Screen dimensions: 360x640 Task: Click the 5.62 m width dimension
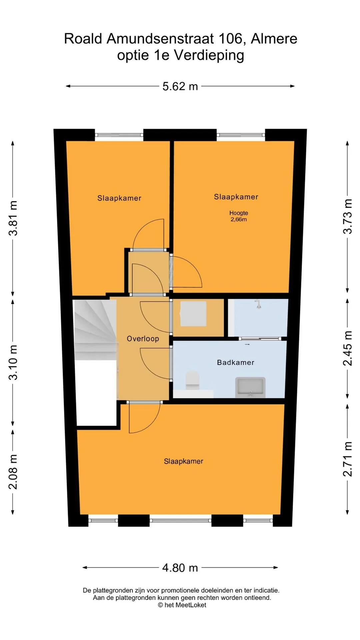click(180, 86)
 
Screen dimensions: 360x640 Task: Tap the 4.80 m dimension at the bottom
click(180, 567)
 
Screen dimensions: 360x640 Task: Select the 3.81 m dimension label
click(13, 218)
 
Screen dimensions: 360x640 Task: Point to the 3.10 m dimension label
click(13, 362)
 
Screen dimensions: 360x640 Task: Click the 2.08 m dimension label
click(13, 472)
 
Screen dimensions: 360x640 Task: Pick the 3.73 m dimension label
click(348, 216)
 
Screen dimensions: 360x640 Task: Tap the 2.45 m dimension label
click(348, 348)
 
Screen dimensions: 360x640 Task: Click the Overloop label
click(143, 339)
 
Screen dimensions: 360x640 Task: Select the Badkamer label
click(236, 362)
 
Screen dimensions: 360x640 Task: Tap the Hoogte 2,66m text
click(239, 216)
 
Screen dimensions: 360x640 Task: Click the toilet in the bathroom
click(192, 380)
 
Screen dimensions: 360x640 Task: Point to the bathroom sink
click(250, 387)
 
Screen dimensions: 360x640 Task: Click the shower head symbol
click(258, 304)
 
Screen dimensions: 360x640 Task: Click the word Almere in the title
click(274, 39)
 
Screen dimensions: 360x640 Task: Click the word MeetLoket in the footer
click(191, 605)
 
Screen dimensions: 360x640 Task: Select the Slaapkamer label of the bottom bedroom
click(184, 461)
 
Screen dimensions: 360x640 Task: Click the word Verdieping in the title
click(209, 55)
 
